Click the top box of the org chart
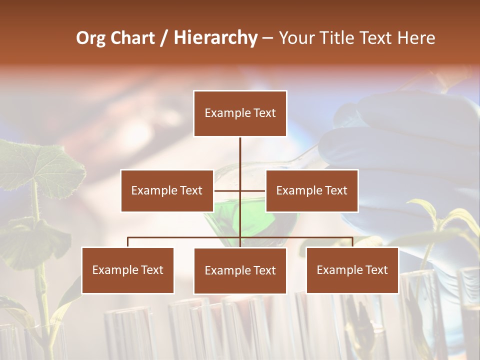240,113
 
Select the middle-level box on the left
167,190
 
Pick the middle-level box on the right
311,190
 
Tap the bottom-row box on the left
127,270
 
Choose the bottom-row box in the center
240,270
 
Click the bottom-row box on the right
352,270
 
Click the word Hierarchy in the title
215,38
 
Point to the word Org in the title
90,38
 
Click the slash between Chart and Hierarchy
164,38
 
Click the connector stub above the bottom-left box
128,242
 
